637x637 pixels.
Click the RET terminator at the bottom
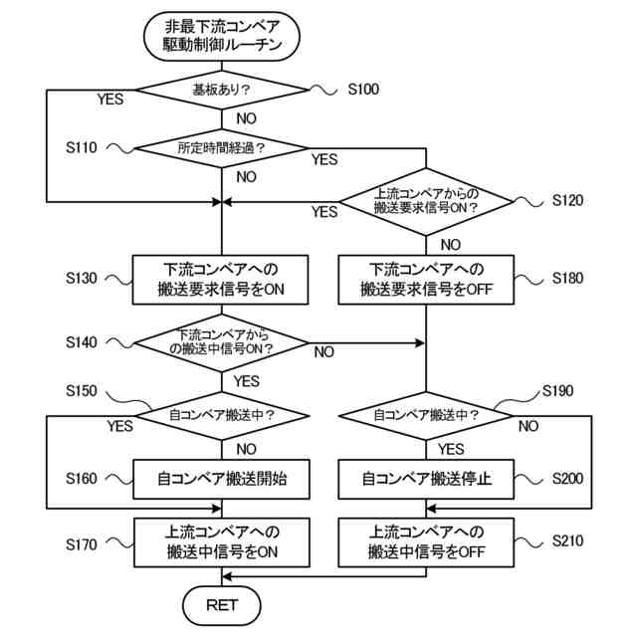(221, 605)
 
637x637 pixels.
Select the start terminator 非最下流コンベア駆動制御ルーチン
(222, 36)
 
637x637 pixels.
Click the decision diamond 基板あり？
(222, 90)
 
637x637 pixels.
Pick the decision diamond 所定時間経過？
(222, 148)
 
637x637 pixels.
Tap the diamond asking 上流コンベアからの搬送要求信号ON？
(426, 201)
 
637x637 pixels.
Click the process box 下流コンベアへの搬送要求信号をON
(221, 280)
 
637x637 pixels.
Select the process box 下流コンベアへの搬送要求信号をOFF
(426, 280)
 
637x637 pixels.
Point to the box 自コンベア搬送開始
(221, 479)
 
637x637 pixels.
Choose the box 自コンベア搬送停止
(426, 479)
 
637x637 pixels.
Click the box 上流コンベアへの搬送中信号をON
(221, 541)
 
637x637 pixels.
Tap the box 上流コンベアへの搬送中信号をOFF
(426, 541)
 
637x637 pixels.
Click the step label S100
(363, 89)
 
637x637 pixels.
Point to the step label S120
(567, 200)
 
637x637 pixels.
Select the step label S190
(557, 391)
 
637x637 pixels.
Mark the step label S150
(82, 391)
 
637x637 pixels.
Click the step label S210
(567, 540)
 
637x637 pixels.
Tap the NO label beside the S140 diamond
(324, 352)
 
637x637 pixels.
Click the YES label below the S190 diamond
(451, 449)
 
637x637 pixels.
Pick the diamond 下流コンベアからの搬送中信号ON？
(222, 342)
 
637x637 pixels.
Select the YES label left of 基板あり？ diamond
(110, 100)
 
